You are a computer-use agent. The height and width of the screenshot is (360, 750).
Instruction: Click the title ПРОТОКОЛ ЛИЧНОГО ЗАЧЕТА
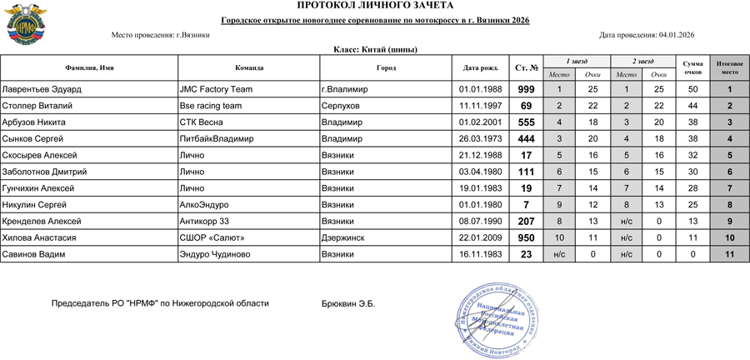click(x=374, y=6)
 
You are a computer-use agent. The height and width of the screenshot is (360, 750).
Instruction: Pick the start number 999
click(x=526, y=89)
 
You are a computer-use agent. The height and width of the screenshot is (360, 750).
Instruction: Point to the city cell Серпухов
click(x=341, y=106)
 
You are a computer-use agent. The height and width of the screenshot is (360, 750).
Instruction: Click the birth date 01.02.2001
click(x=480, y=122)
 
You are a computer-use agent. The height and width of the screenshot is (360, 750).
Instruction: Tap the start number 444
click(x=526, y=139)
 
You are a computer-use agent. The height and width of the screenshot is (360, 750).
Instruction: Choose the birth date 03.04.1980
click(x=480, y=172)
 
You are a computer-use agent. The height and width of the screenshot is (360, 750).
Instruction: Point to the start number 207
click(x=526, y=222)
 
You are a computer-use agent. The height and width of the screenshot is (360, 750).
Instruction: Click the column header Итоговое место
click(x=729, y=67)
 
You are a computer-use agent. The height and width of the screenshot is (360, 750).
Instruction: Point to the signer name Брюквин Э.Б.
click(x=347, y=304)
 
